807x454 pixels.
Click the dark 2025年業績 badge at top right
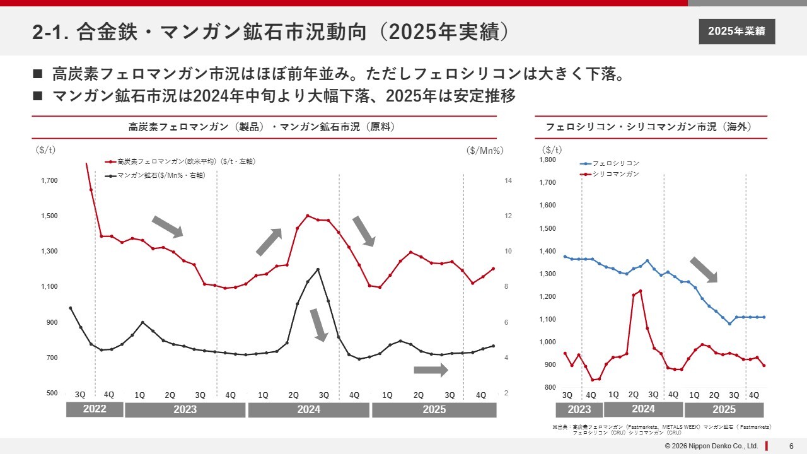(x=736, y=32)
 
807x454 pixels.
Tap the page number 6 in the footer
(x=791, y=446)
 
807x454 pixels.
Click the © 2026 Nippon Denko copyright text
(x=711, y=446)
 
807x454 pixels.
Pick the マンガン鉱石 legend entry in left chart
(x=161, y=176)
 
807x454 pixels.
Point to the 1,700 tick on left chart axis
(x=49, y=181)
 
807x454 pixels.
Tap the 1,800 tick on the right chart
(x=547, y=160)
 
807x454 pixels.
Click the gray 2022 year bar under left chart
(x=95, y=409)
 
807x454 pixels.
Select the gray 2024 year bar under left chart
(x=308, y=410)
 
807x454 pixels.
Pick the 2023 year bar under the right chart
(x=579, y=410)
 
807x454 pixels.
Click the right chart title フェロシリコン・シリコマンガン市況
(x=649, y=127)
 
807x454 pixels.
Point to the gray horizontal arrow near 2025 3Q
(x=431, y=370)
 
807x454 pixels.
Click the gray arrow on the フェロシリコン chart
(x=704, y=269)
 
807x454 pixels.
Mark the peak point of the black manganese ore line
(x=318, y=269)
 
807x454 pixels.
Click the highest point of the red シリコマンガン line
(x=641, y=291)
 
